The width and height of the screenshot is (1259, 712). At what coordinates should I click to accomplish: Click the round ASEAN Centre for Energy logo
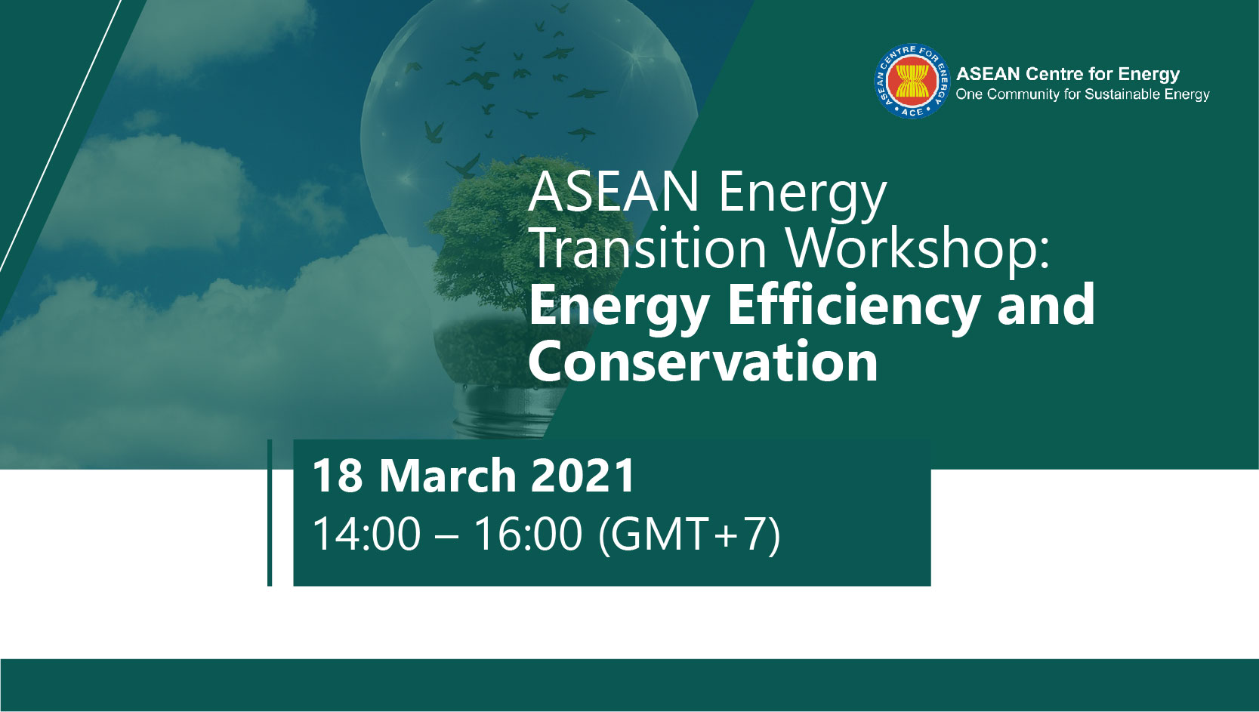[912, 81]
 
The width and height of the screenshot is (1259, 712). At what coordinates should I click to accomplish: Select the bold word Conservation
[702, 361]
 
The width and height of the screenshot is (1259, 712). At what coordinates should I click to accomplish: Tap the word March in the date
[447, 476]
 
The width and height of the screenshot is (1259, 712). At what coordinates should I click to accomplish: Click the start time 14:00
[366, 534]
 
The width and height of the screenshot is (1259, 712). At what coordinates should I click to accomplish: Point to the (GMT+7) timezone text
[689, 535]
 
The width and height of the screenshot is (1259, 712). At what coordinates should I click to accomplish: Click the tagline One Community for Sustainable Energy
[1082, 94]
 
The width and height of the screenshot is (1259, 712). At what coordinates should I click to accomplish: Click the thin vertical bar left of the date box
[270, 513]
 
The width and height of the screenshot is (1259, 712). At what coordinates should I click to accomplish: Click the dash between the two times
[447, 537]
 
